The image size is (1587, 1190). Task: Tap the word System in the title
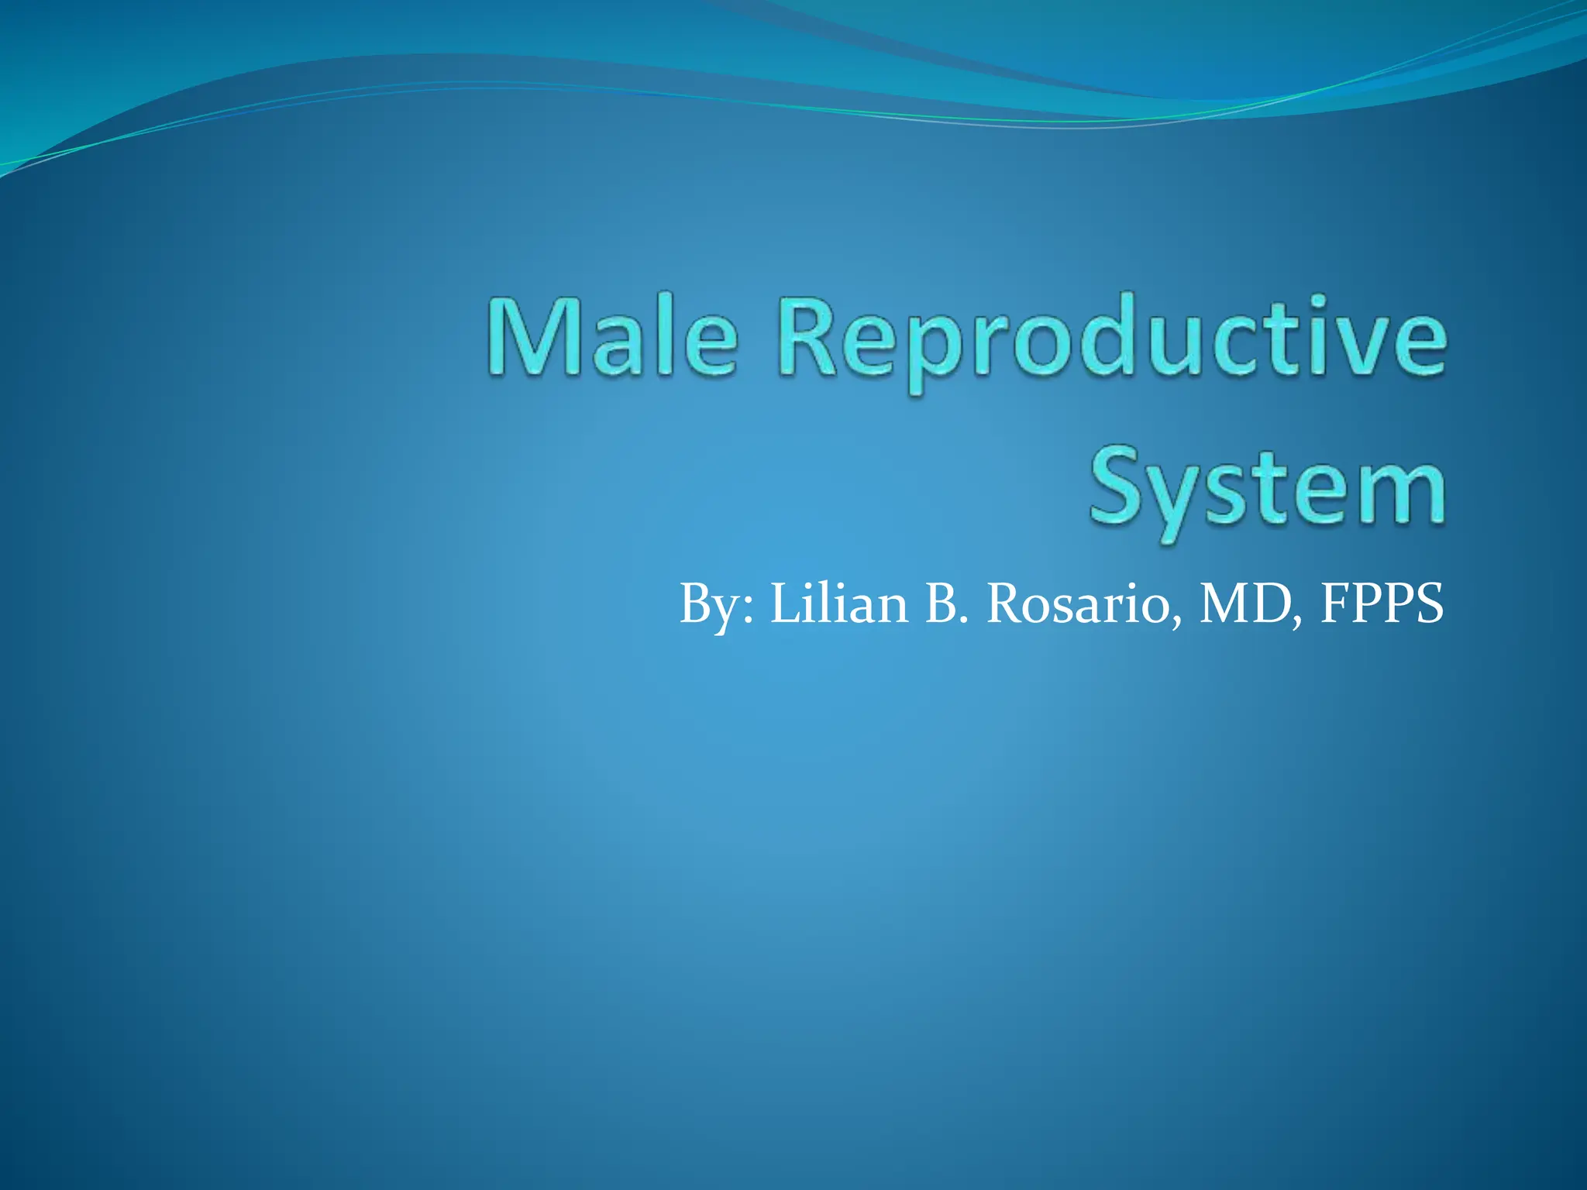(x=1268, y=488)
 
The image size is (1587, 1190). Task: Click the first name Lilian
(x=839, y=604)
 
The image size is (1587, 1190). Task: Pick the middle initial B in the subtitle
(x=942, y=604)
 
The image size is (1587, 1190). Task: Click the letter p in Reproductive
(x=925, y=353)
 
